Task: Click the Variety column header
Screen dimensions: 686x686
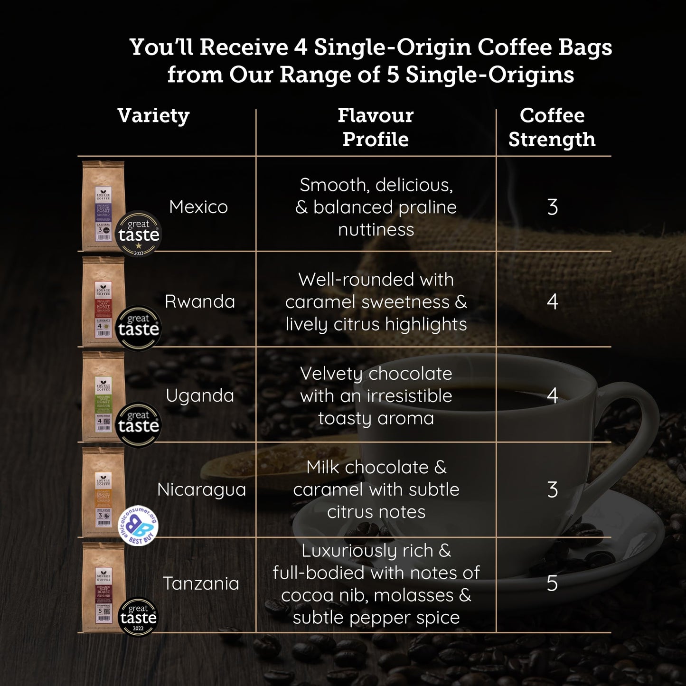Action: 153,116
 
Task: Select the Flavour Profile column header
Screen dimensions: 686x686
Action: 376,127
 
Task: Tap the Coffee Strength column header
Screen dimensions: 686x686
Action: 552,127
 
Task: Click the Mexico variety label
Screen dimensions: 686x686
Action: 198,207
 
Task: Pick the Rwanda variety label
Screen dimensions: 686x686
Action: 200,301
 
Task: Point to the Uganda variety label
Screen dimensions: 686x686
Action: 200,395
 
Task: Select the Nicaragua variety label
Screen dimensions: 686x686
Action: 201,489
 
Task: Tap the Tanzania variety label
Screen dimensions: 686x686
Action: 201,583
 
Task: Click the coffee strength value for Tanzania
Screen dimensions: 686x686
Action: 552,583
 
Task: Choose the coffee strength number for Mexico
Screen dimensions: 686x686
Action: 552,207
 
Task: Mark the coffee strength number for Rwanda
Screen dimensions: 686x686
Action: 552,301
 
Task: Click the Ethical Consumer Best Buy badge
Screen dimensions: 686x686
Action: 138,525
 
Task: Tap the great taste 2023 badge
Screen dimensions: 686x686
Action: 139,234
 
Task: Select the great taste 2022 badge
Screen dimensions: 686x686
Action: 138,617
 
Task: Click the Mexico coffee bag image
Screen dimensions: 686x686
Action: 103,205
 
